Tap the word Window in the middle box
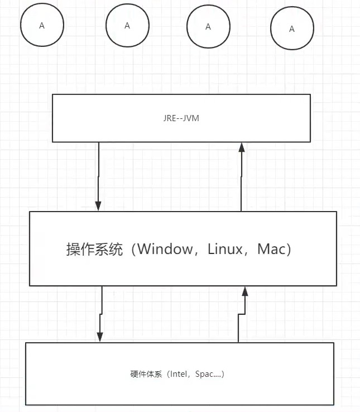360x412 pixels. pos(164,250)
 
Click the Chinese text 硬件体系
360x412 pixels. pos(143,374)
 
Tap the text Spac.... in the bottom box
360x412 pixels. pos(208,374)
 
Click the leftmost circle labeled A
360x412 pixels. pos(42,26)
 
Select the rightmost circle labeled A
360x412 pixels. pos(292,29)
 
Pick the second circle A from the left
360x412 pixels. pos(127,25)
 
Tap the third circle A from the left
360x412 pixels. pos(208,27)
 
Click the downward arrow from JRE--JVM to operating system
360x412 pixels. pos(99,176)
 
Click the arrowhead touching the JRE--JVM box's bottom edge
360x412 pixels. pos(242,147)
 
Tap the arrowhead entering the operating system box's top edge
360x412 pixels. pos(99,205)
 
